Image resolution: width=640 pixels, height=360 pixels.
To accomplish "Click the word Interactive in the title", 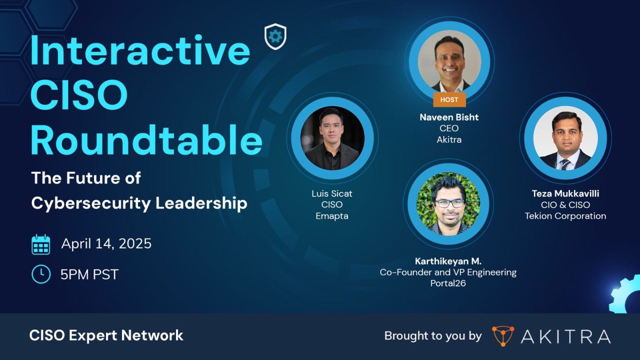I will pyautogui.click(x=140, y=51).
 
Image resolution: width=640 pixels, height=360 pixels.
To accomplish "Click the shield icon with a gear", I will pyautogui.click(x=275, y=36).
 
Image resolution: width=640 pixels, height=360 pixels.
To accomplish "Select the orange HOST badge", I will pyautogui.click(x=449, y=99).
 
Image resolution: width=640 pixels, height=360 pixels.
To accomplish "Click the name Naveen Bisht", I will pyautogui.click(x=449, y=117).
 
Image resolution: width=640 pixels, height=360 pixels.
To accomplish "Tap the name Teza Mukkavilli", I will pyautogui.click(x=565, y=193).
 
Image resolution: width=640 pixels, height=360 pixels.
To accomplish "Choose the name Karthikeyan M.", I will pyautogui.click(x=448, y=261).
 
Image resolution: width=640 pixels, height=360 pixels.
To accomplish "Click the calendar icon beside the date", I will pyautogui.click(x=41, y=244).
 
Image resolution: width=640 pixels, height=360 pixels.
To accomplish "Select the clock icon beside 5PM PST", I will pyautogui.click(x=41, y=274).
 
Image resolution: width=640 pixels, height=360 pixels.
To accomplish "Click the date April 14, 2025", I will pyautogui.click(x=106, y=244).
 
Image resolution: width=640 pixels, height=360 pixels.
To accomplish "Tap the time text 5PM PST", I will pyautogui.click(x=89, y=274).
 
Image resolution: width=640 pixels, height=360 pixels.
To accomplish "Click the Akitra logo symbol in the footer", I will pyautogui.click(x=502, y=336).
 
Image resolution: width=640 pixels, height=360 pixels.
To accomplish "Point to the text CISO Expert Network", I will pyautogui.click(x=106, y=335).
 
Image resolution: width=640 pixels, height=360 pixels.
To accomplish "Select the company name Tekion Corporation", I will pyautogui.click(x=565, y=216).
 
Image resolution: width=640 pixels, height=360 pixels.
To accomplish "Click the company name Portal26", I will pyautogui.click(x=448, y=283).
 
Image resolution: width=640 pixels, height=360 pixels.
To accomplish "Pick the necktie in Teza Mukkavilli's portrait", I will pyautogui.click(x=565, y=163).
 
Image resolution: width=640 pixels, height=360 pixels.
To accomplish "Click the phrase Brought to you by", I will pyautogui.click(x=432, y=336).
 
